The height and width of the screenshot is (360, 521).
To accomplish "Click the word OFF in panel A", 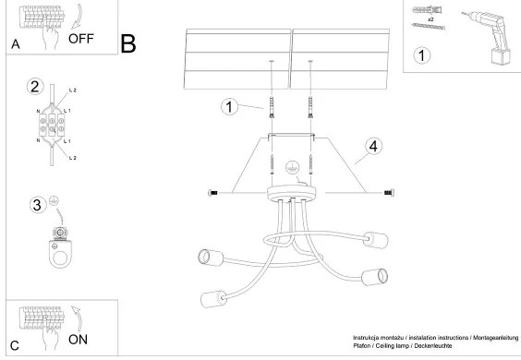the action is point(82,38).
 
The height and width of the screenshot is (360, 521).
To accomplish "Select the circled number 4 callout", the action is point(373,146).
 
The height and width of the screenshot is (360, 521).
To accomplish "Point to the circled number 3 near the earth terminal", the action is point(37,204).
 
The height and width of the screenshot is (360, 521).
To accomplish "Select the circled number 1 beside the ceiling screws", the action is point(229,107).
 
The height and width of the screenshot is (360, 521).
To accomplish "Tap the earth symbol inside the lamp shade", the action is point(292,168).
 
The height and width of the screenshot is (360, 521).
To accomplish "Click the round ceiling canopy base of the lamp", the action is point(292,195).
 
